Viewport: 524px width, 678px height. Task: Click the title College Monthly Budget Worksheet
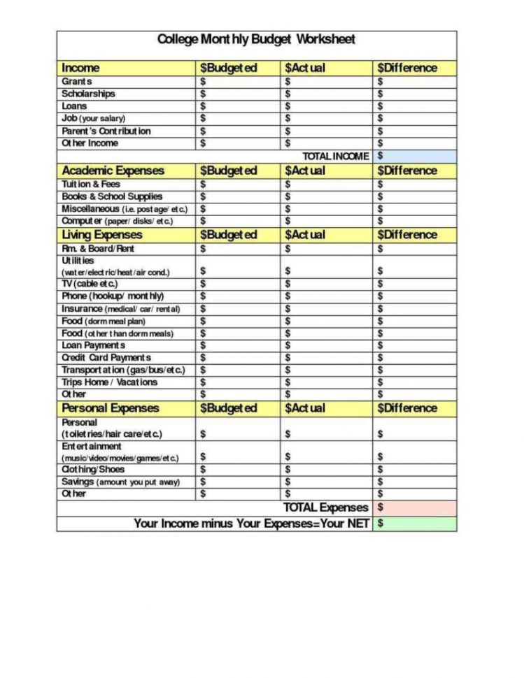(x=256, y=39)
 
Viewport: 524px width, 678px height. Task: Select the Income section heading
(x=80, y=68)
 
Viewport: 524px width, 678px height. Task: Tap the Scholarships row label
(x=88, y=94)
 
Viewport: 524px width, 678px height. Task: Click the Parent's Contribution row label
(x=106, y=131)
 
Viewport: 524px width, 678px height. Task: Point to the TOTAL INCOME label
(x=335, y=156)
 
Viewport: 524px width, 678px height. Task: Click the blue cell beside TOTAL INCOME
(x=415, y=156)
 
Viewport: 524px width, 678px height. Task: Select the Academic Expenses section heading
(x=113, y=171)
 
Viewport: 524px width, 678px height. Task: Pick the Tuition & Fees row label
(x=91, y=184)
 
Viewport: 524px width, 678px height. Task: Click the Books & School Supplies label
(x=112, y=196)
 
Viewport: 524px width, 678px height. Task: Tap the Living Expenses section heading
(x=101, y=235)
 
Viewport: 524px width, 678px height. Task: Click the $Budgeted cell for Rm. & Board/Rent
(x=238, y=248)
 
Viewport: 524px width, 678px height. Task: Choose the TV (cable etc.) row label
(x=90, y=284)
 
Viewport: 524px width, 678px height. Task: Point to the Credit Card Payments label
(x=106, y=357)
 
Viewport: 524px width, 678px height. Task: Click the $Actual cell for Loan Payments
(x=326, y=345)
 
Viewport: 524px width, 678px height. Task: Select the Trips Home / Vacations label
(x=109, y=382)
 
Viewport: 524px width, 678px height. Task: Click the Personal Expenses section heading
(x=111, y=408)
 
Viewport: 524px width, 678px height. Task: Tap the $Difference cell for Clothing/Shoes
(x=415, y=470)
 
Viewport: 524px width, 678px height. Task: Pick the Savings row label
(x=120, y=482)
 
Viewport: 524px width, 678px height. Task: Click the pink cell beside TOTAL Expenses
(x=415, y=507)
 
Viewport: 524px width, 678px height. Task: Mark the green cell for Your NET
(x=415, y=523)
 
